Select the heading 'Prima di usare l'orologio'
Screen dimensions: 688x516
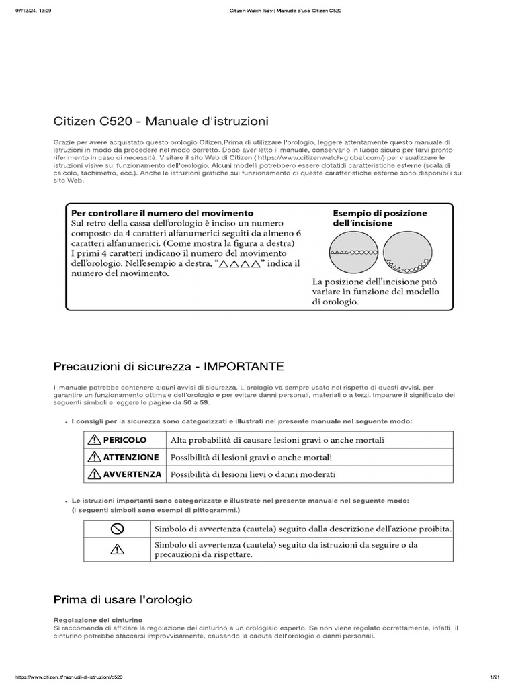click(123, 598)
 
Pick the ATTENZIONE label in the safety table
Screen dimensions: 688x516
click(130, 457)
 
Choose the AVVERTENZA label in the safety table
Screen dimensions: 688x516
click(132, 474)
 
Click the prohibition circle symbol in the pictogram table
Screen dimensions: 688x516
click(118, 528)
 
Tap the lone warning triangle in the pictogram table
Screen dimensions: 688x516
click(118, 549)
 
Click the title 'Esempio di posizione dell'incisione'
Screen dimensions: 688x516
click(380, 218)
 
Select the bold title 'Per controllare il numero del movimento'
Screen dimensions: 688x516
click(162, 212)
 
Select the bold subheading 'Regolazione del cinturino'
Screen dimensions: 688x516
click(90, 619)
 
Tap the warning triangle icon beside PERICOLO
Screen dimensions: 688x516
click(93, 440)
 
